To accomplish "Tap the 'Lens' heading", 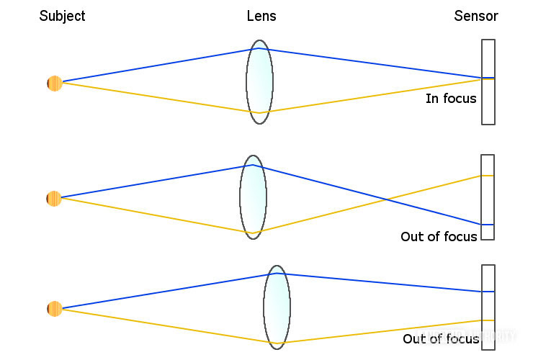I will [261, 16].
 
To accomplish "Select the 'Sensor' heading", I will [476, 16].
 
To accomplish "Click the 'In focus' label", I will [451, 98].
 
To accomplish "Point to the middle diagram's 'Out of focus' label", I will [439, 236].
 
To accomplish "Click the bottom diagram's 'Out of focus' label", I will [441, 338].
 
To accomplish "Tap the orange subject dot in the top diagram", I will [55, 84].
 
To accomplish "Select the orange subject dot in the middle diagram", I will [54, 198].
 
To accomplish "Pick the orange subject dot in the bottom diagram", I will [55, 309].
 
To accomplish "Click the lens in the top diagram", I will [259, 81].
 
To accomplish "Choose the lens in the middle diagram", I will [254, 197].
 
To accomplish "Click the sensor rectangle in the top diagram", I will [488, 81].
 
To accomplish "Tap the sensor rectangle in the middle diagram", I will [488, 197].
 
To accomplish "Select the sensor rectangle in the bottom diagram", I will [488, 307].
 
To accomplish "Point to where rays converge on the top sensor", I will [482, 78].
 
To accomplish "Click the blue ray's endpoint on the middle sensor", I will [482, 225].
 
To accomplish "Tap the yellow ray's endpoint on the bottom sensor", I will [482, 320].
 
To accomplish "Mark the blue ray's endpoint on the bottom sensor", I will [482, 292].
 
